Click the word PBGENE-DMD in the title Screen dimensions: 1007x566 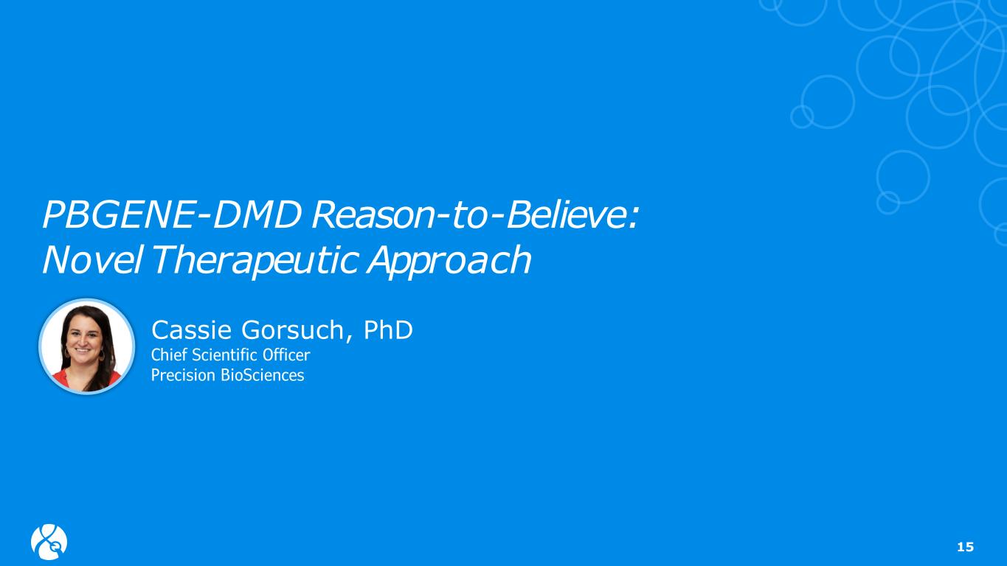tap(172, 214)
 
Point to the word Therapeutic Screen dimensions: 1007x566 tap(255, 261)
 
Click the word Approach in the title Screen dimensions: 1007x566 tap(449, 261)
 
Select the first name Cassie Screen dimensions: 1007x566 tap(192, 330)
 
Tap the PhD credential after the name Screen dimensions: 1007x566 tap(387, 330)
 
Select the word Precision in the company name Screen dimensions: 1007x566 tap(183, 375)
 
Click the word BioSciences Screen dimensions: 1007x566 tap(263, 375)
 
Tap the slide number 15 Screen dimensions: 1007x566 tap(965, 547)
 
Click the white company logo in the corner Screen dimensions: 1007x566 tap(49, 542)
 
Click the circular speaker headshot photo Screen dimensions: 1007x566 tap(87, 346)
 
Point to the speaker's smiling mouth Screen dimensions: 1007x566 tap(83, 350)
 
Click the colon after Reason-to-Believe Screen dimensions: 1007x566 tap(634, 219)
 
